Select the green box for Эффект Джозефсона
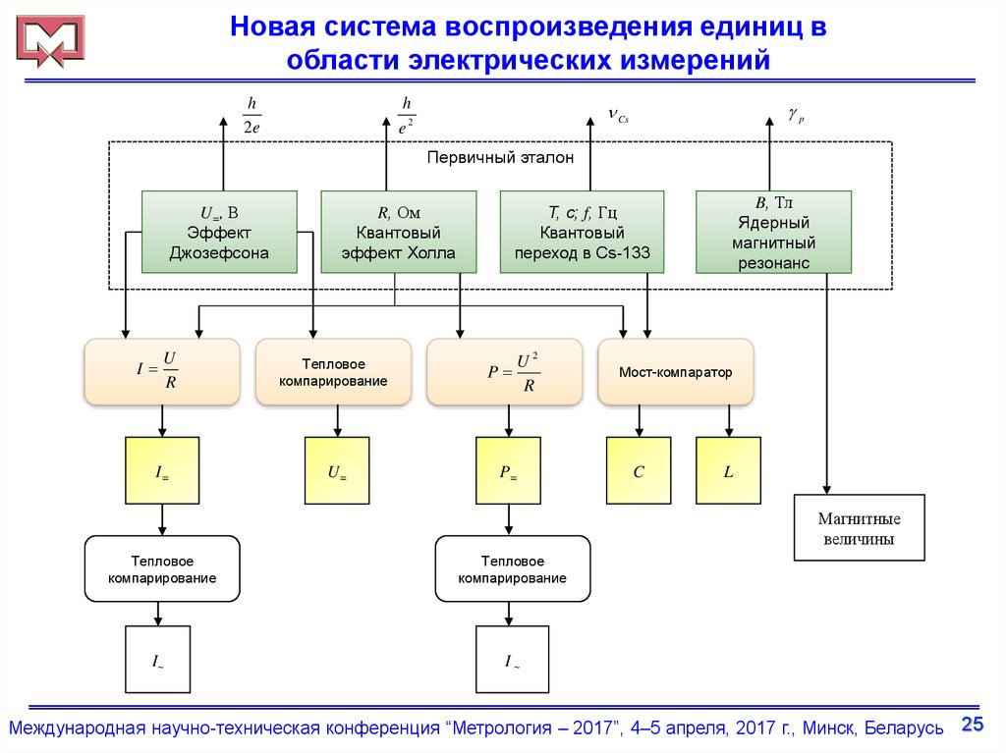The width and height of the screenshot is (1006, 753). (x=219, y=233)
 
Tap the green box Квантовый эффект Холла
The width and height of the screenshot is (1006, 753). (x=399, y=233)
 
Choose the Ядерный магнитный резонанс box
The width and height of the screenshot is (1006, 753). (x=773, y=233)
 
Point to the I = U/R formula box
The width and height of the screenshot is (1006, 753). (x=162, y=372)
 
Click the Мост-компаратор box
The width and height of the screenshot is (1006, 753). (x=675, y=372)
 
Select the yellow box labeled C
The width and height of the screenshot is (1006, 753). (x=639, y=471)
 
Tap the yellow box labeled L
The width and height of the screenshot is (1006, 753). (x=728, y=471)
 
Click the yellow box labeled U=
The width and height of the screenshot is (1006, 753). (x=337, y=471)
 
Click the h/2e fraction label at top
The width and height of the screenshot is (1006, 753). (x=251, y=114)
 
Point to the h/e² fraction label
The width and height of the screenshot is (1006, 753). (x=406, y=114)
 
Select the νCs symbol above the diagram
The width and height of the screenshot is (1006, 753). (x=617, y=117)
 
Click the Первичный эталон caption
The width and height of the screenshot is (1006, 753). (x=500, y=156)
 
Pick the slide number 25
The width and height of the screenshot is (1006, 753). (x=972, y=725)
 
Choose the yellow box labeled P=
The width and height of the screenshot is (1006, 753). (x=508, y=471)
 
